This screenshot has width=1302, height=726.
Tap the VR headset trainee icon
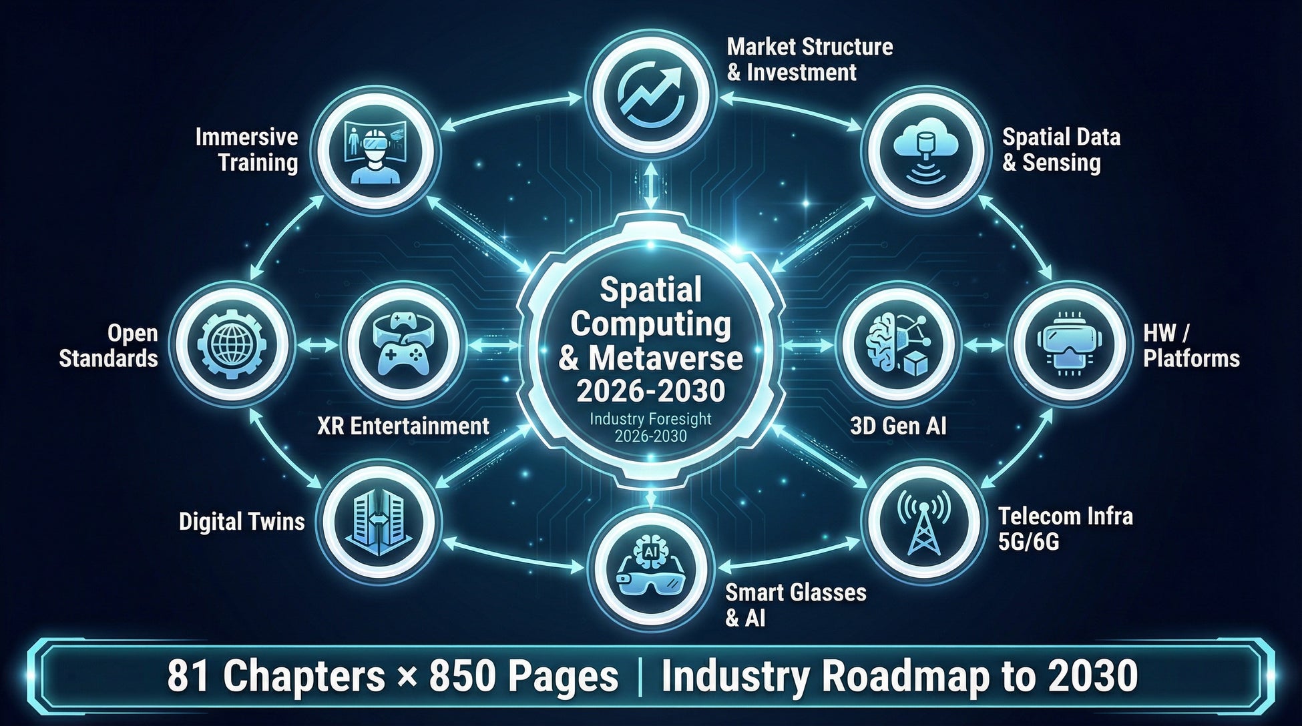pyautogui.click(x=373, y=151)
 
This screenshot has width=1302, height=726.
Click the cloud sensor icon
pyautogui.click(x=924, y=151)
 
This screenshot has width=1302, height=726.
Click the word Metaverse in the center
pyautogui.click(x=665, y=358)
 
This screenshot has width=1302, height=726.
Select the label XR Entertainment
pyautogui.click(x=403, y=426)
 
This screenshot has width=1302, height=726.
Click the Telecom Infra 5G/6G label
pyautogui.click(x=1065, y=528)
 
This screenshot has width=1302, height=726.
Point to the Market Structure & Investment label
pyautogui.click(x=809, y=59)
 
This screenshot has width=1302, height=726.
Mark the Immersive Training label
pyautogui.click(x=247, y=149)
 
